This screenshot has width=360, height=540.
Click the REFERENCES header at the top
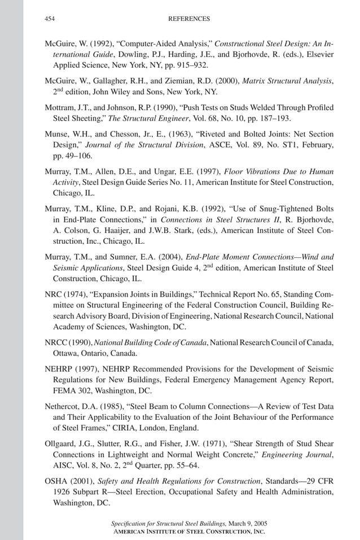189,19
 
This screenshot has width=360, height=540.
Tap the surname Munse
57,134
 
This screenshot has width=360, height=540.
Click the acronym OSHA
56,481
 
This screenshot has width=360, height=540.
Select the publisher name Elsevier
318,54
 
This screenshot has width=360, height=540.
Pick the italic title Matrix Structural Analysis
287,81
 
